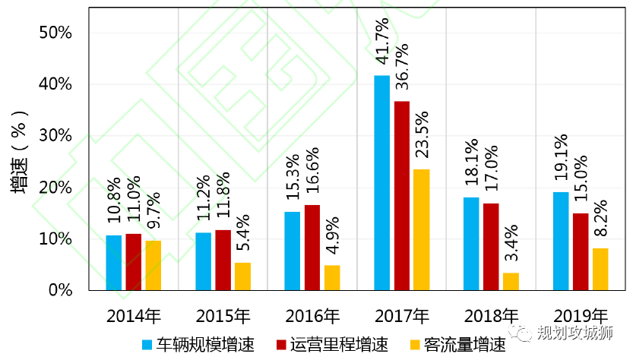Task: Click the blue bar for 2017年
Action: coord(381,183)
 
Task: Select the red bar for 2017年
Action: coord(401,196)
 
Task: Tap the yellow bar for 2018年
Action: coord(511,282)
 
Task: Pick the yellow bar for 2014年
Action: coord(153,265)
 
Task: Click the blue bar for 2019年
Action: coord(561,241)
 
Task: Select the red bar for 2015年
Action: coord(223,260)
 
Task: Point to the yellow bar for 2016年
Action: coord(332,277)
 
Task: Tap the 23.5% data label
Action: coord(422,134)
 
